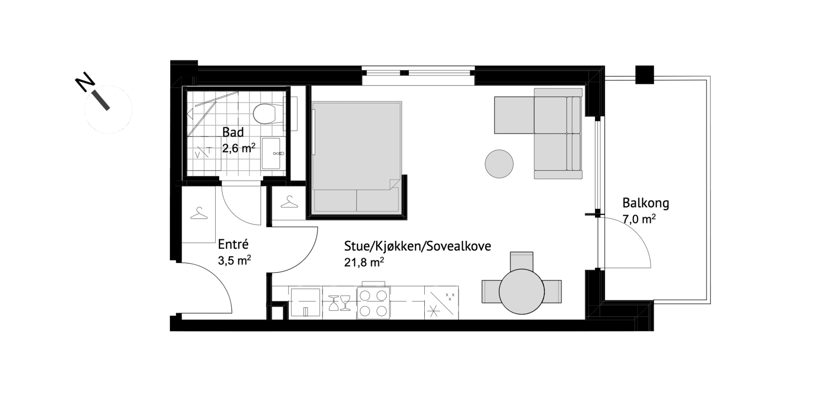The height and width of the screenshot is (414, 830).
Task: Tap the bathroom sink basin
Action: click(271, 153)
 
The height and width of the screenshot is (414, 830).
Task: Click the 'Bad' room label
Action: click(233, 133)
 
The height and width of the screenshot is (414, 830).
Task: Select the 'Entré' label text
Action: click(233, 244)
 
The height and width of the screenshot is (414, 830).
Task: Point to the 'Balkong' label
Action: click(646, 203)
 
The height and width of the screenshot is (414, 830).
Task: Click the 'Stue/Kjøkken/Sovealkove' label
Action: click(417, 246)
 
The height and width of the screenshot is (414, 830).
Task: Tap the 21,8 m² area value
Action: click(364, 262)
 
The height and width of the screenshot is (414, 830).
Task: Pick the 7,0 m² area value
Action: click(639, 219)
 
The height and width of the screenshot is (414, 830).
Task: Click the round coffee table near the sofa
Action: click(499, 164)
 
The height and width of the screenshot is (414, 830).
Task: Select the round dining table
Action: click(522, 292)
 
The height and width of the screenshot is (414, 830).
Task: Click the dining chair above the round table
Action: click(522, 261)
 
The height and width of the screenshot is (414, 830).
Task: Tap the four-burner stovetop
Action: click(373, 303)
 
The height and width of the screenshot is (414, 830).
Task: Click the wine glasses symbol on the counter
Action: click(339, 302)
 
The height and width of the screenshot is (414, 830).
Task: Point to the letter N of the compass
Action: click(85, 82)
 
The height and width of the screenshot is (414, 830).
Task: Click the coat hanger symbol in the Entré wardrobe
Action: click(199, 213)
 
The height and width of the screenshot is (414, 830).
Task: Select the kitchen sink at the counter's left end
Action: click(306, 302)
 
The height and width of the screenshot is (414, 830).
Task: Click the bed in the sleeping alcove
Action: click(357, 157)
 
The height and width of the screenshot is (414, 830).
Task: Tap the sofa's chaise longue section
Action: click(514, 115)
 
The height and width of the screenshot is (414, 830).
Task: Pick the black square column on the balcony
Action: click(644, 75)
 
